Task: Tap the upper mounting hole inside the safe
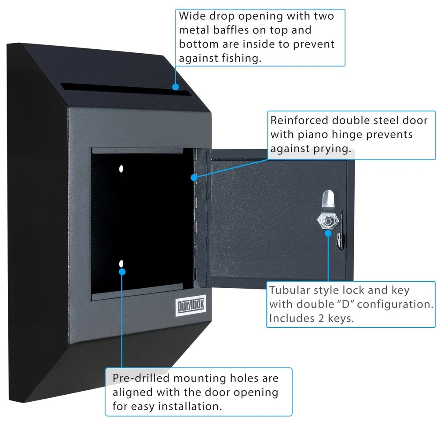tap(121, 169)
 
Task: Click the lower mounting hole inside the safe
tap(121, 264)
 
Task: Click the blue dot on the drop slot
tap(176, 87)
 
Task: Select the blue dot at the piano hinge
tap(194, 177)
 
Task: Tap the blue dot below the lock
tap(328, 232)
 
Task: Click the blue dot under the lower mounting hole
tap(122, 271)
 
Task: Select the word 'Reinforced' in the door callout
tap(299, 121)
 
